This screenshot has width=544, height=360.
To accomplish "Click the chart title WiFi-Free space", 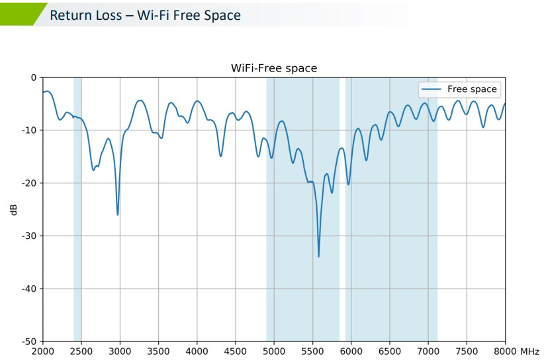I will pyautogui.click(x=273, y=68).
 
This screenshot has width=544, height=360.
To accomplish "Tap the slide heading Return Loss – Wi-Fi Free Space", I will pyautogui.click(x=145, y=15).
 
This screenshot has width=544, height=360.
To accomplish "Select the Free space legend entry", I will pyautogui.click(x=472, y=89).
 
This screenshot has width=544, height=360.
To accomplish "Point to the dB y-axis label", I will pyautogui.click(x=13, y=210).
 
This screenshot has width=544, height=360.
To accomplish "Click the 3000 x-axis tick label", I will pyautogui.click(x=120, y=351).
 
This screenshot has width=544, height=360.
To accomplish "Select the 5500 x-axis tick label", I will pyautogui.click(x=312, y=351).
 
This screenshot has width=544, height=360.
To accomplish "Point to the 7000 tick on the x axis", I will pyautogui.click(x=428, y=351).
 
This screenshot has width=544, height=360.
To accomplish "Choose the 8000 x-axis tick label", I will pyautogui.click(x=504, y=351).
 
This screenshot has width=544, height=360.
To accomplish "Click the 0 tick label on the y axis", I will pyautogui.click(x=34, y=77).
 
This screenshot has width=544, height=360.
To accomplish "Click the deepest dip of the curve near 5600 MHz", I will pyautogui.click(x=318, y=255).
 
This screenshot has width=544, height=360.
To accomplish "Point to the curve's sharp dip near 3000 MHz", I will pyautogui.click(x=118, y=214).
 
